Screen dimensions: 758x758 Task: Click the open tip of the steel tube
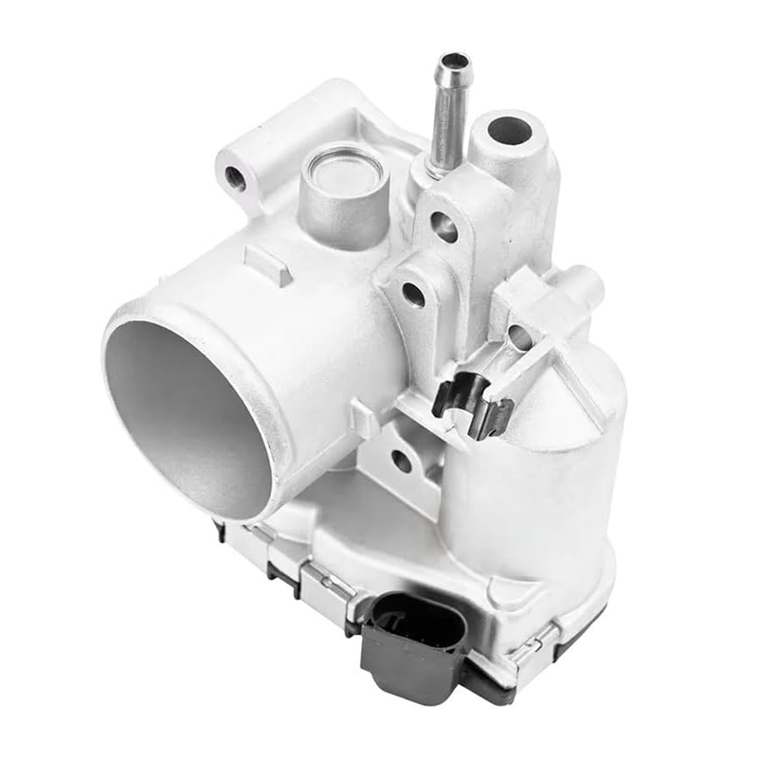(x=453, y=63)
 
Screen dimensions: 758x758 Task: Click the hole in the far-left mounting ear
(x=235, y=176)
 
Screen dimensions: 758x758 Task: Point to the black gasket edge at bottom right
(x=568, y=654)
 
